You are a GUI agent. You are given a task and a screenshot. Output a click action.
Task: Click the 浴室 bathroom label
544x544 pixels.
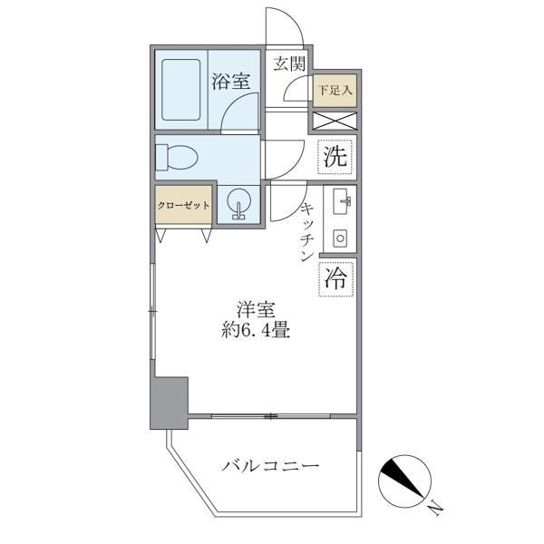[231, 82]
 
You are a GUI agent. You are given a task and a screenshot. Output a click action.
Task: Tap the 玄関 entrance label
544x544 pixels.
[289, 63]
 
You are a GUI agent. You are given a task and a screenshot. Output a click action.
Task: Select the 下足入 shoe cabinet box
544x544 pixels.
[335, 91]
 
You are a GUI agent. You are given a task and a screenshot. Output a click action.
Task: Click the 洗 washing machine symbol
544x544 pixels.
[335, 156]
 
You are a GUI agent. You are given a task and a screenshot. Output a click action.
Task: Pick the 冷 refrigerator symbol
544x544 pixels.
[335, 278]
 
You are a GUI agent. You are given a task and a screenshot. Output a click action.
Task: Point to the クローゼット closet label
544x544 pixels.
[183, 205]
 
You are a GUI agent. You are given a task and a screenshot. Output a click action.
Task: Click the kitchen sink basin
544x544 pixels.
[342, 203]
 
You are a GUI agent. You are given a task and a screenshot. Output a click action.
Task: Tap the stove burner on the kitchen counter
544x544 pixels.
[341, 238]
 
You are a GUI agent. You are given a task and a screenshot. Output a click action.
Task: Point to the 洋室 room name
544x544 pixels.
[257, 309]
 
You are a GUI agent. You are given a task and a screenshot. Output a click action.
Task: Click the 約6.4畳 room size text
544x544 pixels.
[257, 331]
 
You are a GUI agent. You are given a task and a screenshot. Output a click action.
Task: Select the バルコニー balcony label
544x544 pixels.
[271, 466]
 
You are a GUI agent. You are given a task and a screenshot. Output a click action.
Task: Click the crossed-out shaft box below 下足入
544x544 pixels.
[335, 120]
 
